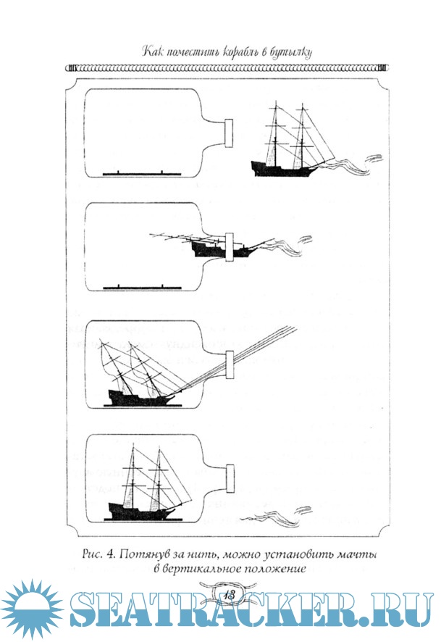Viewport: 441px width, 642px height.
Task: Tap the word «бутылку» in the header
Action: pos(291,53)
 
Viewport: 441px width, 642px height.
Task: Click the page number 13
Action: pos(229,594)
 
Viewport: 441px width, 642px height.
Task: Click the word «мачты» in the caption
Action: pos(357,555)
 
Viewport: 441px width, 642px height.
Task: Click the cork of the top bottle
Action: pos(229,133)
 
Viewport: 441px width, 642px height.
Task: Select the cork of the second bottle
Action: pos(229,247)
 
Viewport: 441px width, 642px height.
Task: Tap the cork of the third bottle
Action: pos(229,364)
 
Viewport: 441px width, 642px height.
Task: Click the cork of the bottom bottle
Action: pos(230,478)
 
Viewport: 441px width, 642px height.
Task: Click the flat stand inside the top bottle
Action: pos(141,174)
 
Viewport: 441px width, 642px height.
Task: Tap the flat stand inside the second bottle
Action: pos(142,288)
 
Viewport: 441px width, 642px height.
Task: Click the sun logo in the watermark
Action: pos(32,610)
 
